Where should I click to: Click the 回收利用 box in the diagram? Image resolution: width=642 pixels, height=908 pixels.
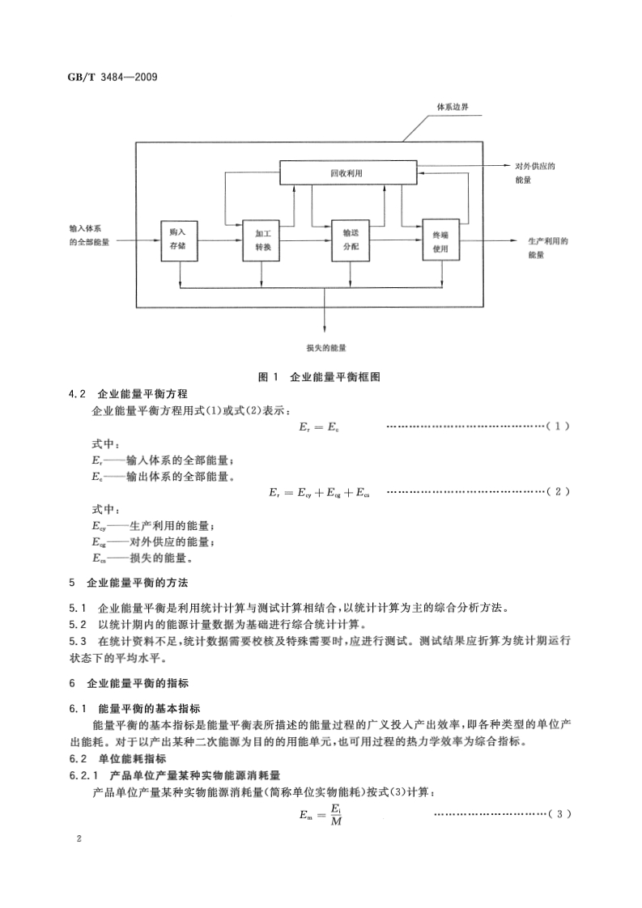tap(347, 172)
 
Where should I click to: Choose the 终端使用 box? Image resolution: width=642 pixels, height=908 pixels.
tap(440, 240)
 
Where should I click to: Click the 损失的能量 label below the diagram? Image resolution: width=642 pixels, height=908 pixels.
tap(326, 347)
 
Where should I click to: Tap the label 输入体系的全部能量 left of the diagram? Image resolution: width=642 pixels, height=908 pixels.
tap(91, 235)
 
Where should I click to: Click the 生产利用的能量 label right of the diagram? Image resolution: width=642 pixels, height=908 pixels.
tap(547, 247)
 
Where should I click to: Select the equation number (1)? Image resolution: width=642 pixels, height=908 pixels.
tap(559, 426)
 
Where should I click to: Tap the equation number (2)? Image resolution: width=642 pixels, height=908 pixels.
tap(559, 491)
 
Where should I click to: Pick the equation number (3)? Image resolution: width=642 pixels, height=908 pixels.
tap(559, 813)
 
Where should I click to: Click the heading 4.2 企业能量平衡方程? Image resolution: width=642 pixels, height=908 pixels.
tap(129, 394)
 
